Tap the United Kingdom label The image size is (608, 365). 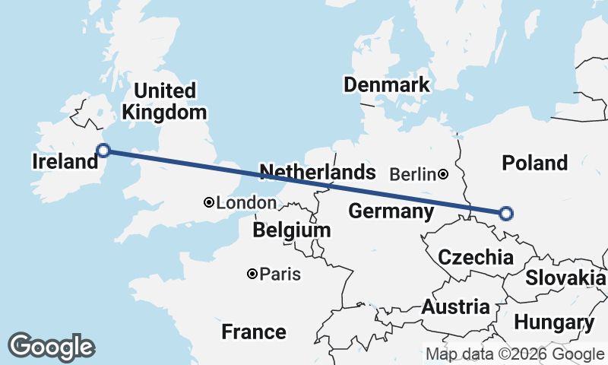click(163, 101)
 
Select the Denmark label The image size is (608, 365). click(386, 84)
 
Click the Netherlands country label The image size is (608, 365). click(317, 172)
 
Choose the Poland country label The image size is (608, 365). click(535, 163)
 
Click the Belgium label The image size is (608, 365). click(292, 230)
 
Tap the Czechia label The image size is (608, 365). click(475, 257)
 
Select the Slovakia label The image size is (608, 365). click(565, 278)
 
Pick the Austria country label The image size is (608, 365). click(455, 307)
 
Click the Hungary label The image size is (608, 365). click(554, 322)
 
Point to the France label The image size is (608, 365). click(254, 332)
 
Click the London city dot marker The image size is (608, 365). click(209, 202)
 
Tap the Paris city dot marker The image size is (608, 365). click(252, 274)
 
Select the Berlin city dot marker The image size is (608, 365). click(443, 174)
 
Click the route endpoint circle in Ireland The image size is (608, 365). click(103, 151)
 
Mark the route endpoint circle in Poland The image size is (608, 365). click(506, 214)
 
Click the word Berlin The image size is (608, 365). click(412, 175)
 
